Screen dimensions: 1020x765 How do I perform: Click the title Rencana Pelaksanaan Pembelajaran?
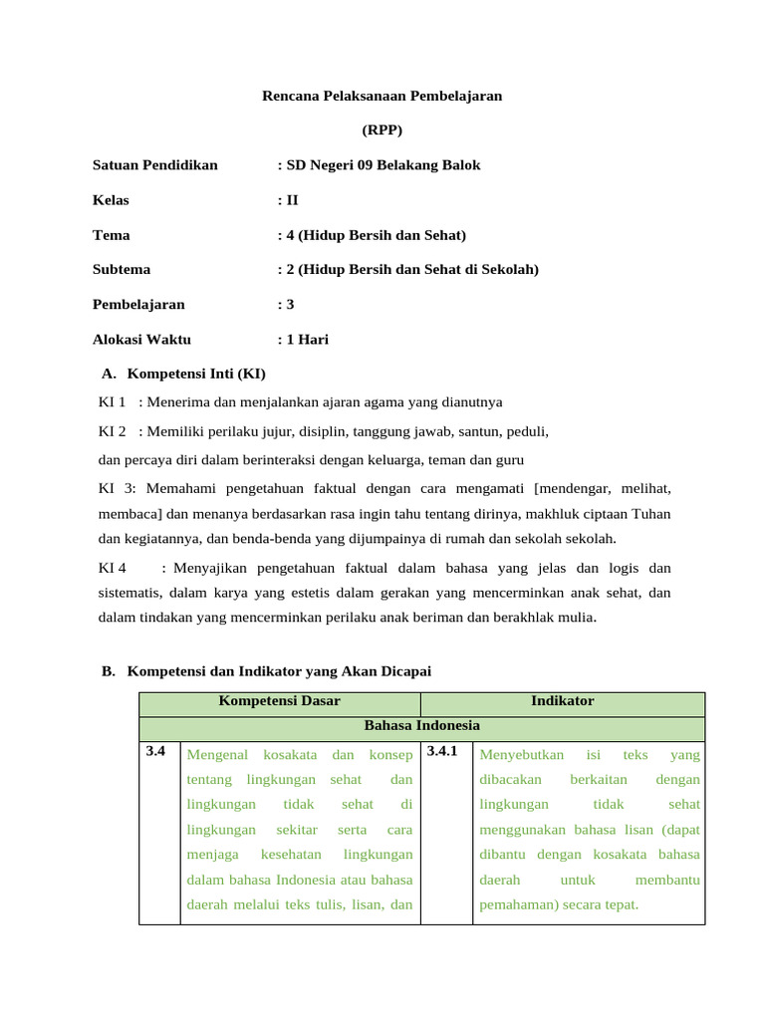(382, 97)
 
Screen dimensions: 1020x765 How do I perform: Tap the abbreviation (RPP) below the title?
(382, 130)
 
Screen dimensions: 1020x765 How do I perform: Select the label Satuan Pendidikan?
(154, 165)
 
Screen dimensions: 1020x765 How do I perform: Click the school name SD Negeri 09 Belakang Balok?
(383, 165)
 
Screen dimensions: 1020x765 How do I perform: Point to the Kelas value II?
(292, 200)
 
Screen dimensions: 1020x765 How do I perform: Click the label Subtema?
(122, 270)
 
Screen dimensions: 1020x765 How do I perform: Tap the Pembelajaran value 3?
(290, 305)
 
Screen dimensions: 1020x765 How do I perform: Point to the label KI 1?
(112, 402)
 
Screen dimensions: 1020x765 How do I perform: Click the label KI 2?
(112, 432)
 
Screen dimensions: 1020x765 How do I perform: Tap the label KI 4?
(112, 568)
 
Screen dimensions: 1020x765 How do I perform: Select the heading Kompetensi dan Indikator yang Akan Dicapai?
(279, 671)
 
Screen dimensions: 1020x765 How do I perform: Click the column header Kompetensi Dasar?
(279, 701)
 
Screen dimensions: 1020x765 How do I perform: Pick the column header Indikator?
(562, 701)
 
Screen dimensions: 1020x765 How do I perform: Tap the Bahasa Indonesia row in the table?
(421, 726)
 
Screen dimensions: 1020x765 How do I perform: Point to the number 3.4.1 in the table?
(442, 752)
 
